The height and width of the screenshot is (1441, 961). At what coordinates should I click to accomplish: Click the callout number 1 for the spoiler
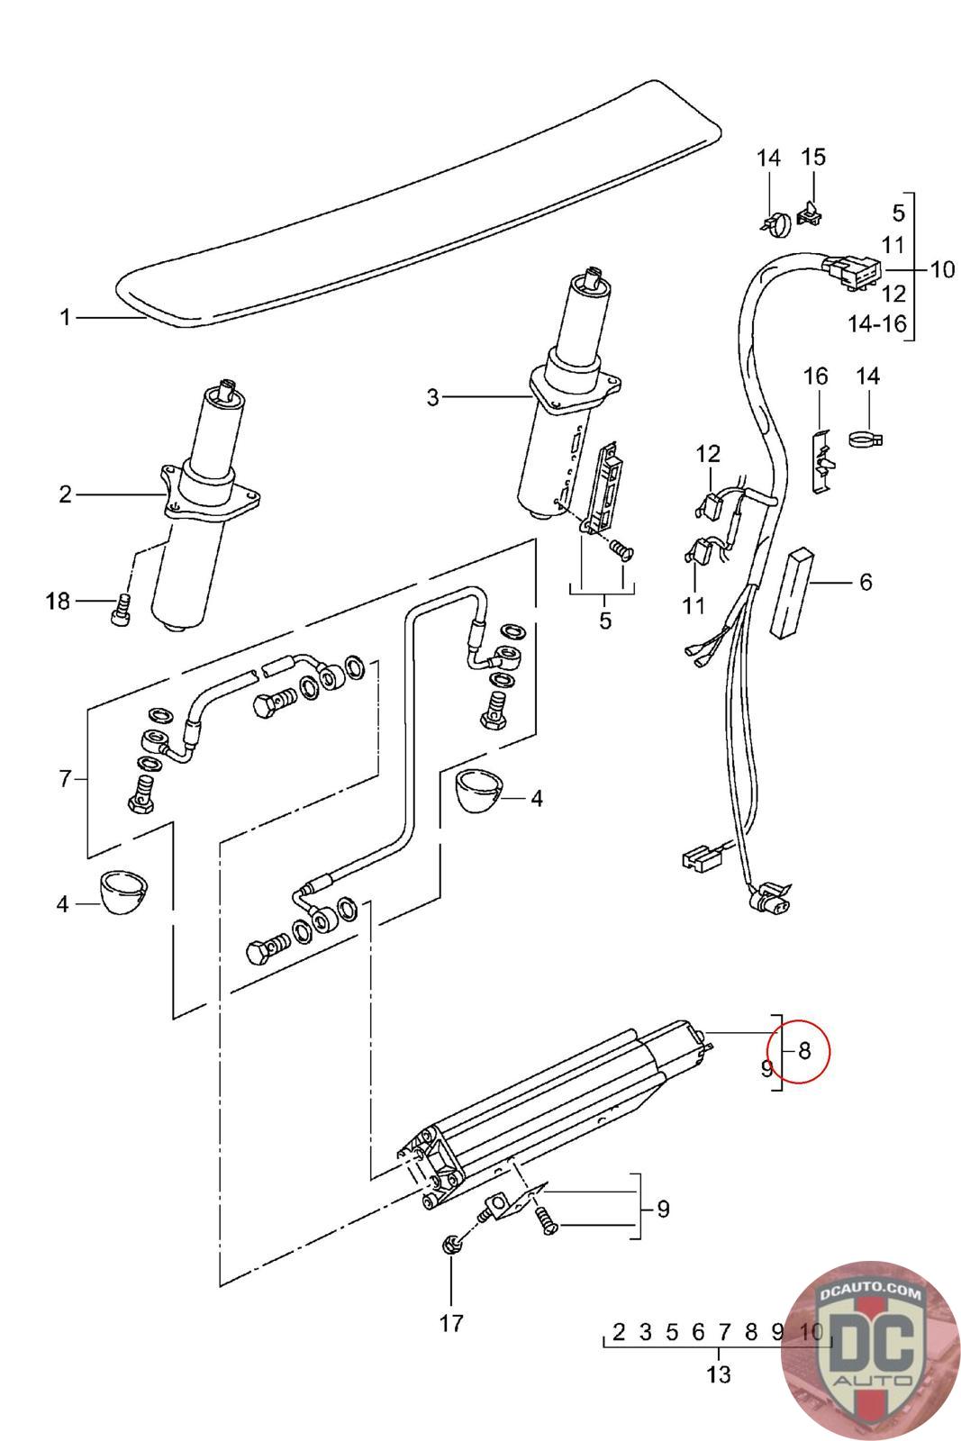(x=65, y=318)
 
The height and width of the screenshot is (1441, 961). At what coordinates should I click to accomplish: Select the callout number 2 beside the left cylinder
(x=65, y=494)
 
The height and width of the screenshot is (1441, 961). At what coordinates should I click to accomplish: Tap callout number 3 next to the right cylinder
(x=433, y=397)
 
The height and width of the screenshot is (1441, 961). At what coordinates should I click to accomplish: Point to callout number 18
(x=58, y=602)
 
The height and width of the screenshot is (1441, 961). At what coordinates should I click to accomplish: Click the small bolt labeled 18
(x=121, y=608)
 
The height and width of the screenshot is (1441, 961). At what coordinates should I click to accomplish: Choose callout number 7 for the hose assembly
(x=64, y=779)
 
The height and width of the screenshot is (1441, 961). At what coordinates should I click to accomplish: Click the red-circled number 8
(x=804, y=1051)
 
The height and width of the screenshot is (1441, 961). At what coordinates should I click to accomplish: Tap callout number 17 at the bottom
(x=451, y=1323)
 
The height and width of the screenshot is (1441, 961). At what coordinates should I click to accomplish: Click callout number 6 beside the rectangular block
(x=866, y=582)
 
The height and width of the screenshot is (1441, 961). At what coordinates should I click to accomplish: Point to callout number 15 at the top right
(x=813, y=157)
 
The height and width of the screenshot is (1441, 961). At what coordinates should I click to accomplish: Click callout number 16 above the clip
(x=816, y=376)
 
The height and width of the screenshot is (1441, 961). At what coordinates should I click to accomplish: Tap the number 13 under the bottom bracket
(x=719, y=1374)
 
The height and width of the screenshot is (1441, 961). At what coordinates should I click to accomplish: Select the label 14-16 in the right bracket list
(x=877, y=323)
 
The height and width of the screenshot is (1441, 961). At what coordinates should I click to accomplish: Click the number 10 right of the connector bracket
(x=942, y=269)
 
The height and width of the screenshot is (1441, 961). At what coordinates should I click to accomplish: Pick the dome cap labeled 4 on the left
(x=124, y=892)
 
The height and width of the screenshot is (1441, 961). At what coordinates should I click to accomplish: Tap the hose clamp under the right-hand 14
(x=866, y=440)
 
